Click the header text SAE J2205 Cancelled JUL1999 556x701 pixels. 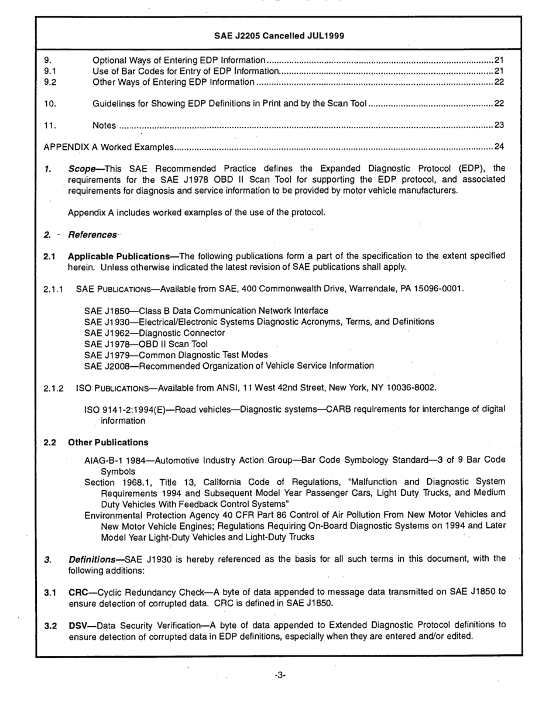click(x=278, y=35)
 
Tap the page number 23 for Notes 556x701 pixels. click(x=499, y=125)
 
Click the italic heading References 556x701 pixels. click(x=92, y=235)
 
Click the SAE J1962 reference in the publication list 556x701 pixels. click(x=104, y=332)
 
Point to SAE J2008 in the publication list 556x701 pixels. click(x=105, y=366)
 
